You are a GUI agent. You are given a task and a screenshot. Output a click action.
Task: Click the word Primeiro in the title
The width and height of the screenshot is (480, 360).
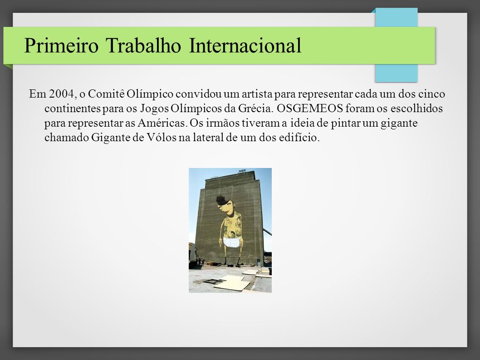61,46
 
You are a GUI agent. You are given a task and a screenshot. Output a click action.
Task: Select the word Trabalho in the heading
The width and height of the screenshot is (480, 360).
143,46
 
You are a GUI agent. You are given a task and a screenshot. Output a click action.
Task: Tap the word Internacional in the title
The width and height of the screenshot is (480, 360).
245,46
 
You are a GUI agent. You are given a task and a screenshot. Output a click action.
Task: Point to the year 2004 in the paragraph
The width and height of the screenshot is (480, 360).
61,94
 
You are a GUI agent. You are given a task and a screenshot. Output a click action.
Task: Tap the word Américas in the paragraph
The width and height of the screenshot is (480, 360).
162,123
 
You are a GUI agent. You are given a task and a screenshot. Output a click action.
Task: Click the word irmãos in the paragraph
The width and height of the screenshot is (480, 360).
223,123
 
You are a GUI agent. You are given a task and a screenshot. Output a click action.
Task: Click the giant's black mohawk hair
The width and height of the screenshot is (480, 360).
221,199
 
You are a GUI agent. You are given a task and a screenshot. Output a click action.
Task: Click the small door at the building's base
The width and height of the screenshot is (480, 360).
258,262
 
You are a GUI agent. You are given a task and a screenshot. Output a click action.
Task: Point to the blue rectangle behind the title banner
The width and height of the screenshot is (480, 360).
396,73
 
